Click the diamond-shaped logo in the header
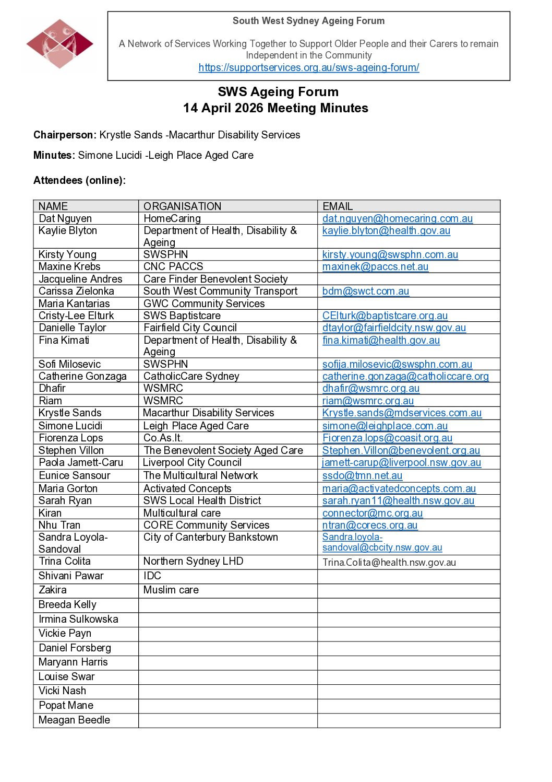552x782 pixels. tap(59, 44)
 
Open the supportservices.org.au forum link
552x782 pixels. tap(309, 67)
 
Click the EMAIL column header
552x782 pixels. tap(338, 206)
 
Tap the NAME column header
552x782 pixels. tap(53, 206)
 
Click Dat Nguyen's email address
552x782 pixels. tap(398, 218)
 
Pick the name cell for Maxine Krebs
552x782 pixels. tap(69, 266)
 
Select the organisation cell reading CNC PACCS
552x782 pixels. tap(173, 266)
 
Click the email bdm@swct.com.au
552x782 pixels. tap(366, 291)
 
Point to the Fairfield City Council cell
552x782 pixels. tap(190, 328)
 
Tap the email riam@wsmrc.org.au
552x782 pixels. tap(368, 401)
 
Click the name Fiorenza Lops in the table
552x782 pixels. tap(71, 438)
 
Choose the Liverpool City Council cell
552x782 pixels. tap(192, 462)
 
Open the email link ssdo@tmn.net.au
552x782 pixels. tap(362, 475)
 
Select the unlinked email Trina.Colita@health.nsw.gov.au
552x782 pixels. tap(389, 562)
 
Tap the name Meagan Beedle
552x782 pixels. tap(74, 720)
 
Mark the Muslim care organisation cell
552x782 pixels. tap(171, 590)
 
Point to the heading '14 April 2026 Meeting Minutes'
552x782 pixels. tap(275, 108)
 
